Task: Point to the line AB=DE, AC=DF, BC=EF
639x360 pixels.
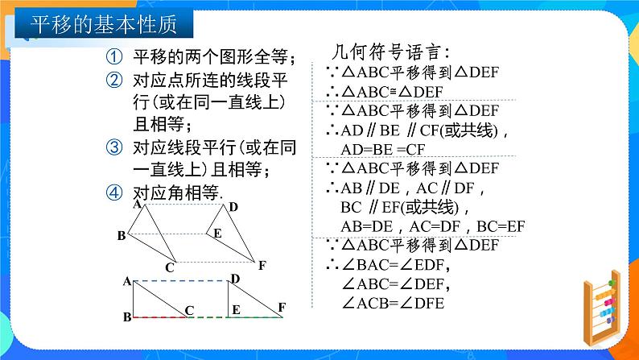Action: pos(422,226)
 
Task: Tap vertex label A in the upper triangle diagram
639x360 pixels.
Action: pos(138,205)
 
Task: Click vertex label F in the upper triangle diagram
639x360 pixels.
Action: pos(262,263)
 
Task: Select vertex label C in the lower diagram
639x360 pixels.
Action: pos(189,309)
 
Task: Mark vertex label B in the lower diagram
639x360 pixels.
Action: pos(127,317)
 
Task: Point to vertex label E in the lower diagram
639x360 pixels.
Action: pos(235,309)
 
